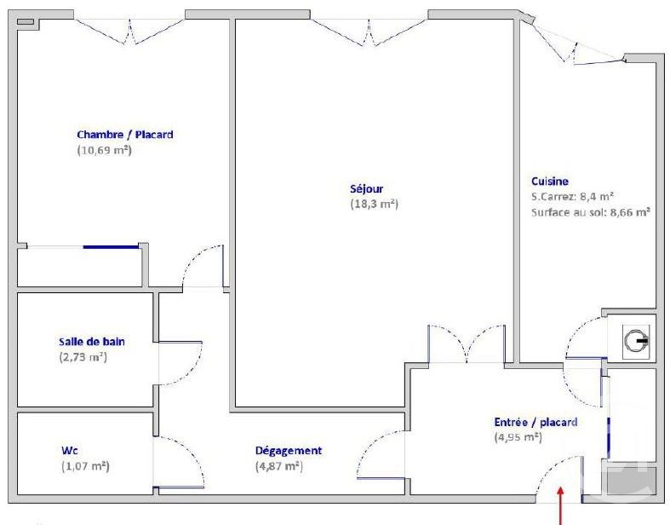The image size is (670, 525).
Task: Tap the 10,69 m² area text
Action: point(105,150)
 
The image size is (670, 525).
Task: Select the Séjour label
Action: point(366,189)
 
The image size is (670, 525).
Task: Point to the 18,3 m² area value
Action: point(374,205)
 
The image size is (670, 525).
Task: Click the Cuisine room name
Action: point(549,181)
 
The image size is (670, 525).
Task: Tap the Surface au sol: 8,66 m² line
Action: point(589,211)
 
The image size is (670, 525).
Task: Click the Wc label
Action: point(70,451)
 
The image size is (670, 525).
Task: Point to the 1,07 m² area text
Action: point(85,466)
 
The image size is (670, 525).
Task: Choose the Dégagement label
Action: point(289,451)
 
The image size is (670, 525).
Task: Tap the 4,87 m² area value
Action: point(279,466)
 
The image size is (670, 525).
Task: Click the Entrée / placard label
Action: point(535,422)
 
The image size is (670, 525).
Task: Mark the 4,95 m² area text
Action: point(518,437)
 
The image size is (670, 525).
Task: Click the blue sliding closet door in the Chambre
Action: point(111,247)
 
